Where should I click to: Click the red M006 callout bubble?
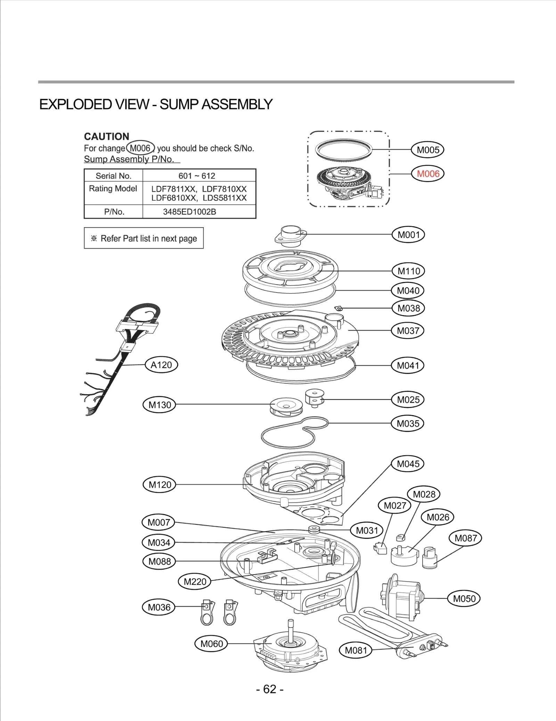pyautogui.click(x=428, y=174)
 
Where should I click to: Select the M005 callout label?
pyautogui.click(x=428, y=150)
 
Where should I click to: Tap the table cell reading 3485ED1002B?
pyautogui.click(x=190, y=212)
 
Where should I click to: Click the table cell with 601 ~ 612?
pyautogui.click(x=197, y=176)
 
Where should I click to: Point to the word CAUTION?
pyautogui.click(x=106, y=136)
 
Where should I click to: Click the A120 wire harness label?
pyautogui.click(x=161, y=365)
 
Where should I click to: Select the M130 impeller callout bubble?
pyautogui.click(x=160, y=405)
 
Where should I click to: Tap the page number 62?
pyautogui.click(x=270, y=689)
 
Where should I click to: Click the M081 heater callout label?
pyautogui.click(x=355, y=650)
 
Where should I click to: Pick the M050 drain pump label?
pyautogui.click(x=464, y=598)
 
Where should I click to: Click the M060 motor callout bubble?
pyautogui.click(x=211, y=644)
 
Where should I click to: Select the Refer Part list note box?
pyautogui.click(x=144, y=238)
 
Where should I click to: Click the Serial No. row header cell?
pyautogui.click(x=113, y=176)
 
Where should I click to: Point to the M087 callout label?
pyautogui.click(x=466, y=538)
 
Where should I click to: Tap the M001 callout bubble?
pyautogui.click(x=409, y=235)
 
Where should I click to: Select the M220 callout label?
pyautogui.click(x=195, y=581)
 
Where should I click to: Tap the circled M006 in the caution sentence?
pyautogui.click(x=140, y=148)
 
